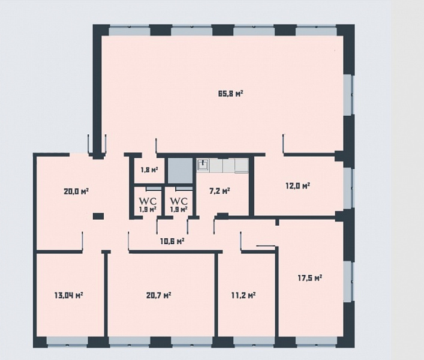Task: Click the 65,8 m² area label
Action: (230, 94)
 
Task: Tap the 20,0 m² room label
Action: (76, 191)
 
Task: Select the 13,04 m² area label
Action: (69, 295)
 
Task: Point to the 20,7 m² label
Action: (158, 295)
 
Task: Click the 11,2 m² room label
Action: (243, 295)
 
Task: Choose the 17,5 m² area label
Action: (310, 278)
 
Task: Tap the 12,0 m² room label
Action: (297, 186)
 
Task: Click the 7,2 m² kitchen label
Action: (219, 191)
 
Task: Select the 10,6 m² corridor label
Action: (172, 241)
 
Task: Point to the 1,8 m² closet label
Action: (149, 170)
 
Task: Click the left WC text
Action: (148, 201)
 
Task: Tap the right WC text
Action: (179, 201)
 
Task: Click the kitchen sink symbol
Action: (203, 165)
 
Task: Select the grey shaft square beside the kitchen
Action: (180, 170)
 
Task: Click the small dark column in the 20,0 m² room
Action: (98, 216)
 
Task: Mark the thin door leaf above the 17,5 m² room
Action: (266, 246)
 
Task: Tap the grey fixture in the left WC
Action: (154, 188)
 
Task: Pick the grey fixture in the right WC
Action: (184, 188)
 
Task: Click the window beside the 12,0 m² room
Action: (348, 188)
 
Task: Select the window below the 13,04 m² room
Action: (67, 342)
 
